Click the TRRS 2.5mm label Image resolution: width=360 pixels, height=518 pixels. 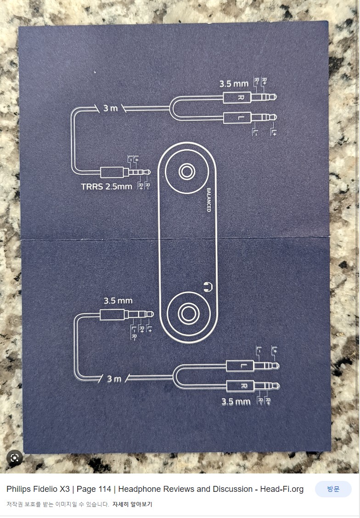tap(106, 186)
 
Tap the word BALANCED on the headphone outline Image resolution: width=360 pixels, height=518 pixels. tap(208, 200)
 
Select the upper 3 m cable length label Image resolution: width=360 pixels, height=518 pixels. tap(110, 108)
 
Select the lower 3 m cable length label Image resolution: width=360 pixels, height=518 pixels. tap(114, 379)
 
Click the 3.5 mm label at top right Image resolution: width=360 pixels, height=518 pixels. tap(233, 84)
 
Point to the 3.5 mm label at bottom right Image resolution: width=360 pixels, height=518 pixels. tap(236, 402)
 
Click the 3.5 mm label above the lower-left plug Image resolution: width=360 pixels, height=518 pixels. tap(118, 301)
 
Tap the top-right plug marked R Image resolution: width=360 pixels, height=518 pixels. tap(250, 98)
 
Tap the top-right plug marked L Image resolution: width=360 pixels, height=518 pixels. tap(250, 117)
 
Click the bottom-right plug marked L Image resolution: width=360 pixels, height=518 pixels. tap(253, 366)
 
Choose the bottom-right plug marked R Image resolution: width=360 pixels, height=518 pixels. tap(253, 386)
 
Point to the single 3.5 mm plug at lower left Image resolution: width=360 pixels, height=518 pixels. tap(126, 314)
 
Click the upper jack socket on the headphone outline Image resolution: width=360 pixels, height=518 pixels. tap(186, 172)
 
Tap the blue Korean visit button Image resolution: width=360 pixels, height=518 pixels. tap(333, 489)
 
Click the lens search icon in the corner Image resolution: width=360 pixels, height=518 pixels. tap(15, 457)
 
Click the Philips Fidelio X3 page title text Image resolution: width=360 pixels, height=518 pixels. tap(155, 489)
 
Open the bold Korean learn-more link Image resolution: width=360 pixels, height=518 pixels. tap(132, 504)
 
